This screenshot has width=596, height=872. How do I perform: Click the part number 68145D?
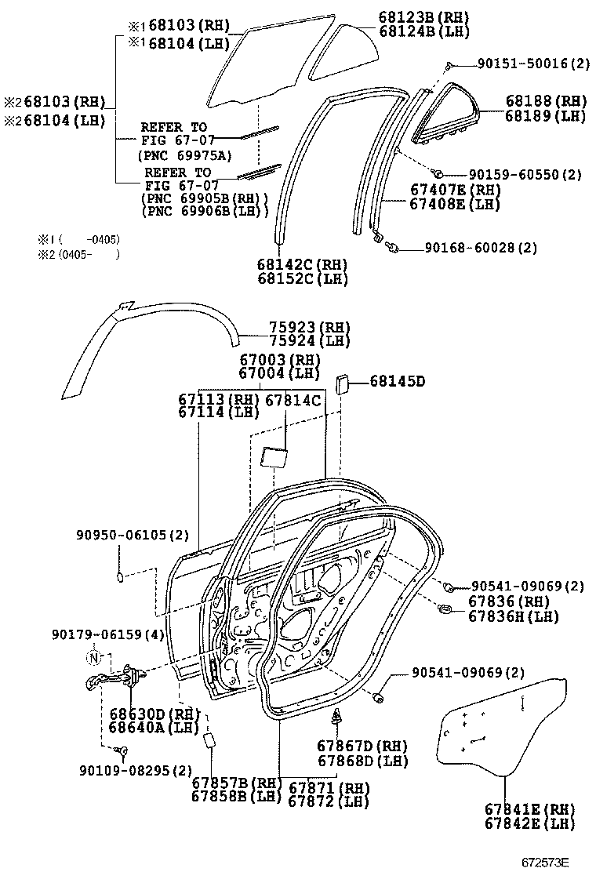[398, 382]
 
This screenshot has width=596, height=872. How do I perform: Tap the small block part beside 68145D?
[343, 384]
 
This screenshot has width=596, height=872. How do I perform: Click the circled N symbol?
[94, 657]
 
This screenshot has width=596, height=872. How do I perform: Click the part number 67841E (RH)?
[529, 809]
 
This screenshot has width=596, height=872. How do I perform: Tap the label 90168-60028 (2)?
[482, 248]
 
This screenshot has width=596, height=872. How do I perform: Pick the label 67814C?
[293, 400]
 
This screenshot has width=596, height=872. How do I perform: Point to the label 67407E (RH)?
[455, 190]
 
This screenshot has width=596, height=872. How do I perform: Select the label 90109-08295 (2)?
[136, 770]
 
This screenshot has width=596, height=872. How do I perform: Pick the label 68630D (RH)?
[151, 714]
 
